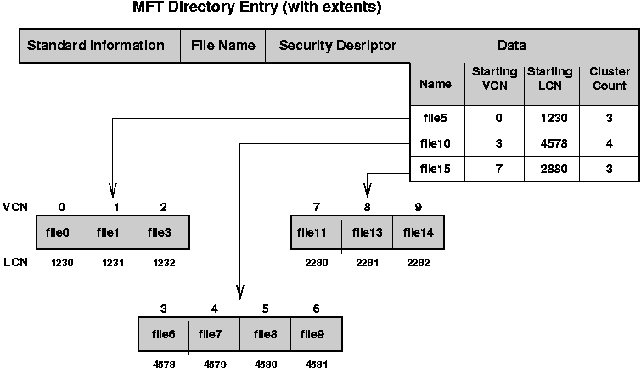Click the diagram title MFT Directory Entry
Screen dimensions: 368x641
[x=245, y=8]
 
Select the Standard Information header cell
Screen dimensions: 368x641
[x=96, y=46]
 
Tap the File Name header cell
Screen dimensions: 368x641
[x=222, y=46]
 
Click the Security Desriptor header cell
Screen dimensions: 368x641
[x=337, y=46]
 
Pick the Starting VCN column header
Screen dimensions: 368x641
[x=494, y=79]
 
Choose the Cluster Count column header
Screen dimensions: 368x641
[x=609, y=79]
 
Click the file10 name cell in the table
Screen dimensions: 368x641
[x=436, y=143]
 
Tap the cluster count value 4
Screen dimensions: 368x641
[x=609, y=143]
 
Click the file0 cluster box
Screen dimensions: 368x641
[x=61, y=231]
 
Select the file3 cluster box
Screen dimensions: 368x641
[x=163, y=231]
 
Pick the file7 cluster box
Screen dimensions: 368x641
[x=214, y=334]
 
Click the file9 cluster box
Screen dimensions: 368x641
[x=316, y=334]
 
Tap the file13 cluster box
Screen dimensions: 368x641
[x=367, y=231]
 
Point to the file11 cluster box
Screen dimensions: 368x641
[x=316, y=231]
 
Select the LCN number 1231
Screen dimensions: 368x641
[x=113, y=263]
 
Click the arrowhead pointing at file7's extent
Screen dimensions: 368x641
[x=240, y=293]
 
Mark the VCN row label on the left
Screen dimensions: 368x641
[x=14, y=206]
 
